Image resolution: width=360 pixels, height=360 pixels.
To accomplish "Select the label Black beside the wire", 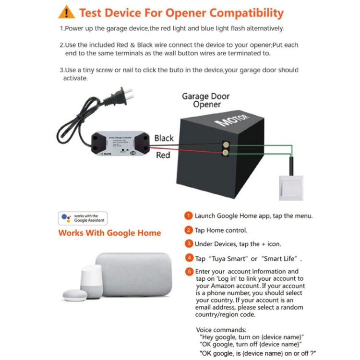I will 164,138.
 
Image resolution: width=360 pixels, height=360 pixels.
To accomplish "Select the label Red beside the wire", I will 163,155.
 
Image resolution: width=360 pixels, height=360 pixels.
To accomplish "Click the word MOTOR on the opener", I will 233,118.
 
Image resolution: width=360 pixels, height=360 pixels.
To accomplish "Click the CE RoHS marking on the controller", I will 105,154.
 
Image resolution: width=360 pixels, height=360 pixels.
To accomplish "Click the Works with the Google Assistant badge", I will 83,218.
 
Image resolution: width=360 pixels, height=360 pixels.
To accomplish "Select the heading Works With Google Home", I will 109,233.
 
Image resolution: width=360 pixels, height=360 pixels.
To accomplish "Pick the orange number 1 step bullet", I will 189,216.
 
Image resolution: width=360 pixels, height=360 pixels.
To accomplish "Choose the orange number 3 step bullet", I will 189,244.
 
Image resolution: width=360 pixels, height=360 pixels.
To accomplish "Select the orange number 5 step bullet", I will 189,272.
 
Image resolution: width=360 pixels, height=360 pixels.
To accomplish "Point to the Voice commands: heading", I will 221,330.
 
